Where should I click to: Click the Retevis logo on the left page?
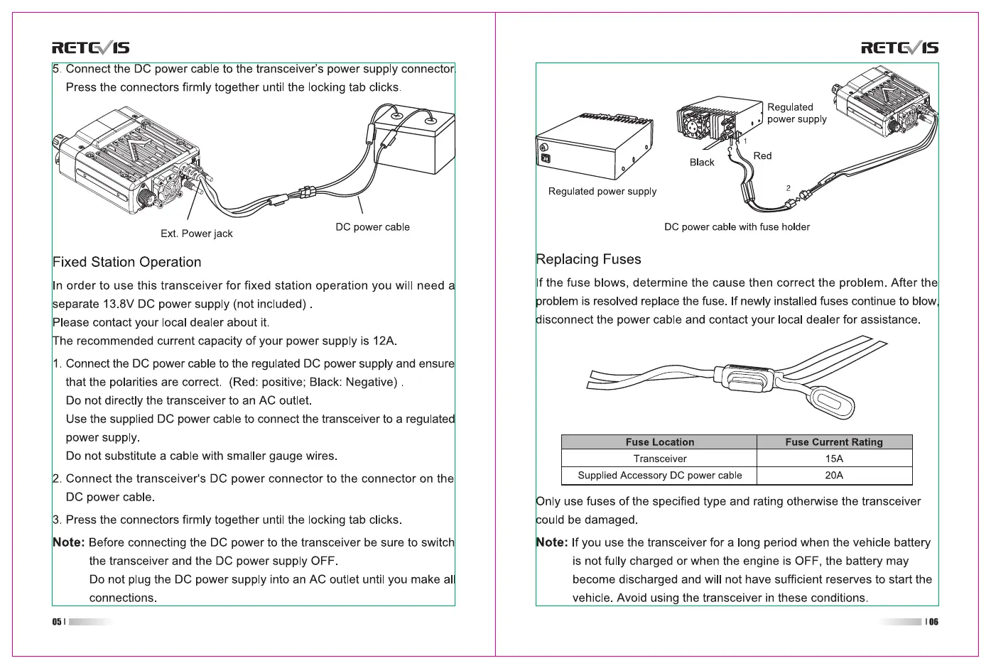(x=90, y=48)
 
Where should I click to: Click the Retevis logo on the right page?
(x=899, y=48)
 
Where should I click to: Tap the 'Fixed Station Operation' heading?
(x=127, y=262)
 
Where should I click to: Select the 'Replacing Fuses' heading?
(x=588, y=259)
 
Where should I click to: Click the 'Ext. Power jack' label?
(x=196, y=234)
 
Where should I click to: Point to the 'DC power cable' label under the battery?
(x=372, y=227)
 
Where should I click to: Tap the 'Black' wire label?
(x=702, y=163)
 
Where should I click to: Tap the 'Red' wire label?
(x=762, y=156)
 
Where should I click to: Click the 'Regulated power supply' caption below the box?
(x=602, y=191)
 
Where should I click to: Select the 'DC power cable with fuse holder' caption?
(x=737, y=227)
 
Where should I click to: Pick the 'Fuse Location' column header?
(x=659, y=442)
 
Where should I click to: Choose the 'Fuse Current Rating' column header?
(x=834, y=442)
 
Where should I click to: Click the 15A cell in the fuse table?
(x=834, y=459)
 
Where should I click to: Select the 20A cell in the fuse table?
(x=834, y=476)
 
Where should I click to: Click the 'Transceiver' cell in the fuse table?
(x=659, y=459)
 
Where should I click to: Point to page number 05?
(x=57, y=622)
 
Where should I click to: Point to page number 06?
(x=933, y=622)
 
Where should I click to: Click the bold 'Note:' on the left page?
(x=68, y=542)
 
